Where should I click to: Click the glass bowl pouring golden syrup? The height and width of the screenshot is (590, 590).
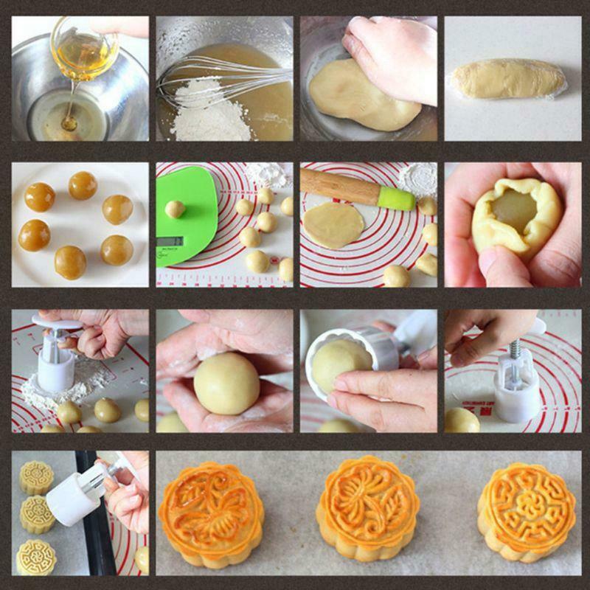coord(84,49)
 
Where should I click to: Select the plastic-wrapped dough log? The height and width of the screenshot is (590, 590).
coord(509,80)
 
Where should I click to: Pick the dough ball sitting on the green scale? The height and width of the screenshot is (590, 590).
coord(175,209)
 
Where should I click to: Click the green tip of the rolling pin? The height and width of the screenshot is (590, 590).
coord(396,198)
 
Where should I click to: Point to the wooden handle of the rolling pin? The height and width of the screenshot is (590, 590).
coord(339,186)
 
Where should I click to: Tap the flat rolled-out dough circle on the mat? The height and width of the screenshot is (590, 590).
coord(332,224)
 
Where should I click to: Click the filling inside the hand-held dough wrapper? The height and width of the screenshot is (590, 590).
coord(514,211)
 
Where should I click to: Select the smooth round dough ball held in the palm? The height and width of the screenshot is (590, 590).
coord(226,383)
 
